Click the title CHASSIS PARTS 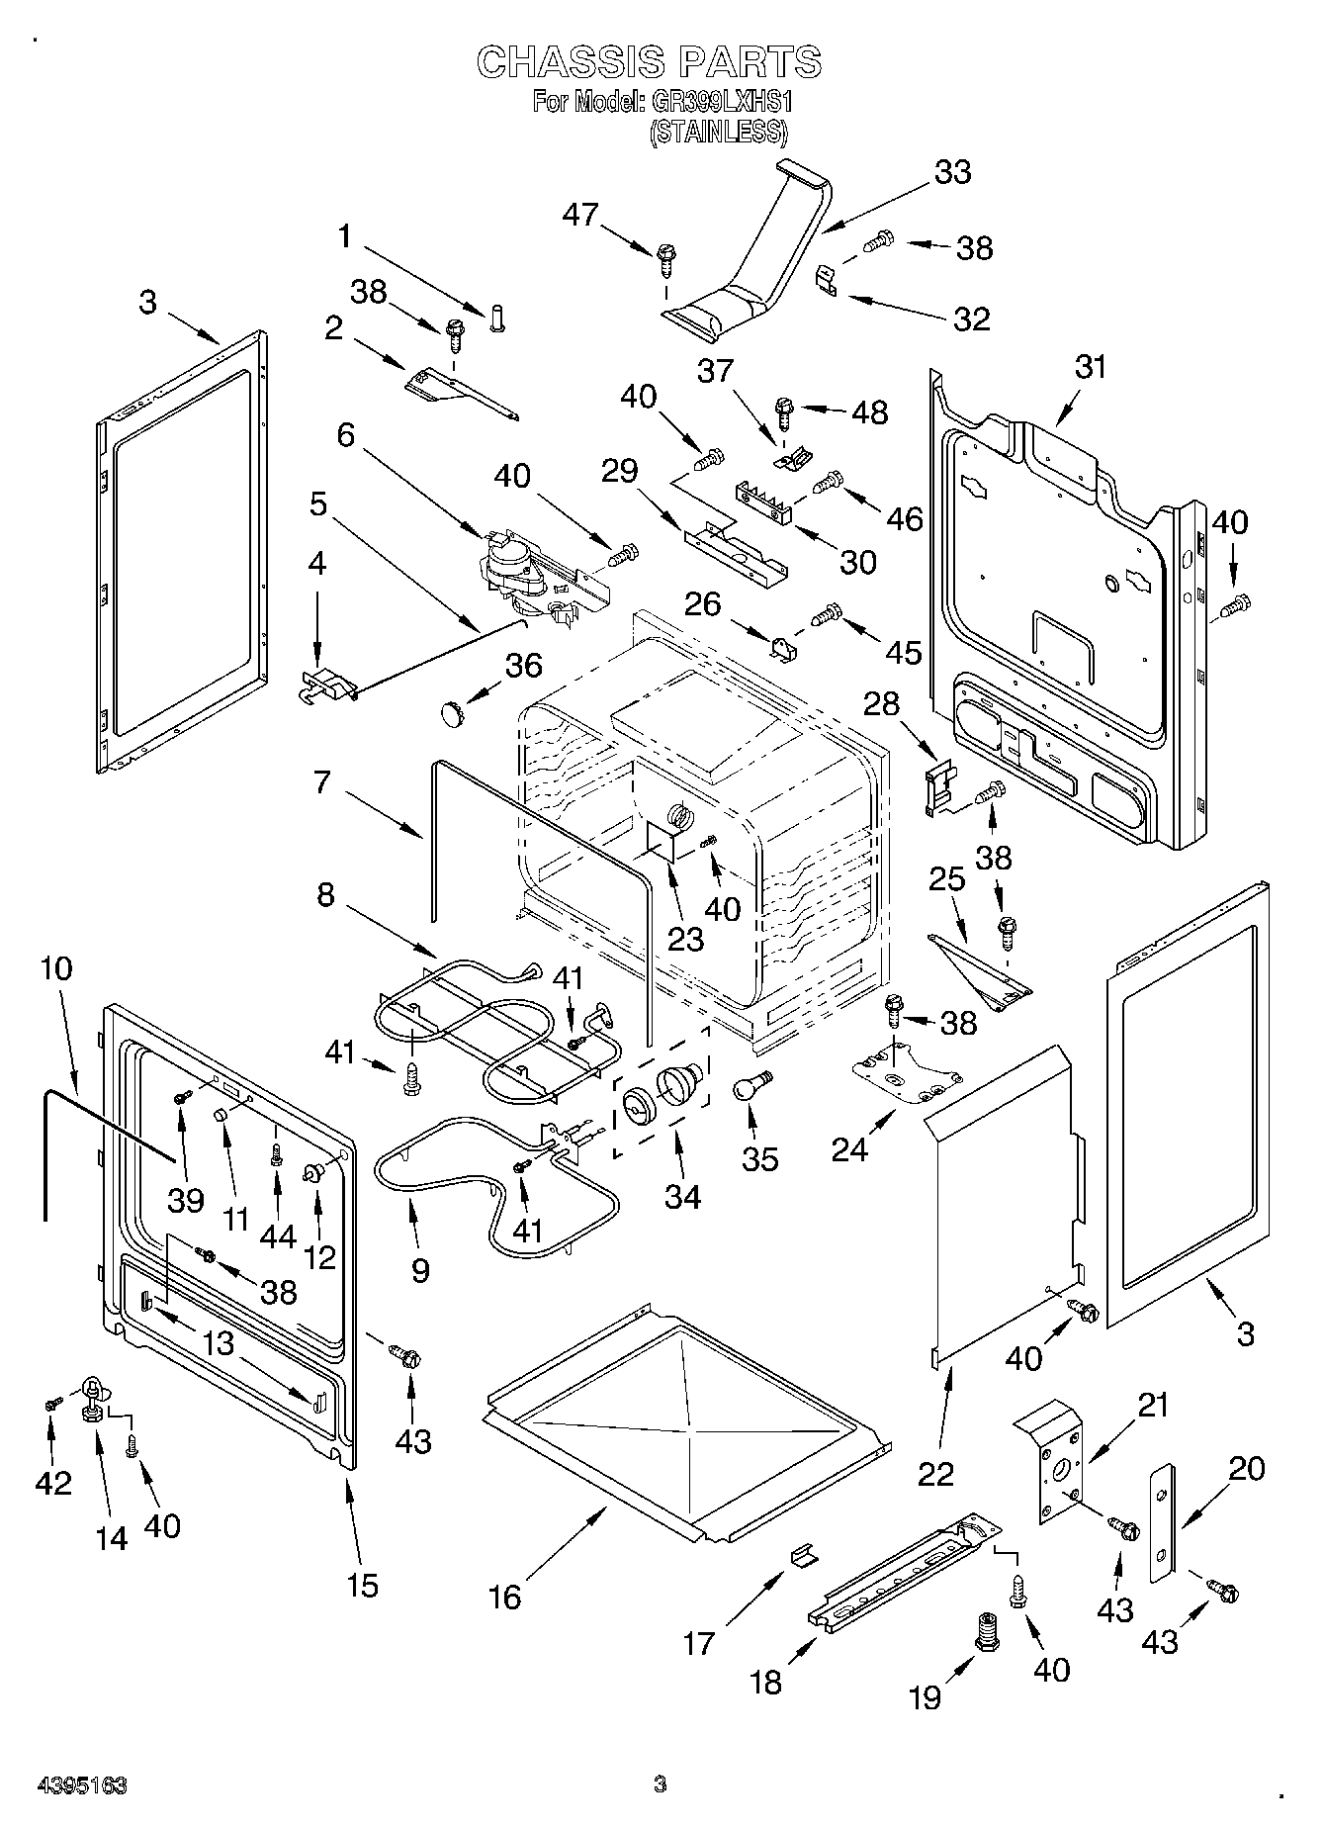pos(649,62)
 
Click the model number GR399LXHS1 pos(722,102)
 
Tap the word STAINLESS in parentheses pos(718,132)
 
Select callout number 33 pos(952,172)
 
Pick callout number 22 pos(935,1473)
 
